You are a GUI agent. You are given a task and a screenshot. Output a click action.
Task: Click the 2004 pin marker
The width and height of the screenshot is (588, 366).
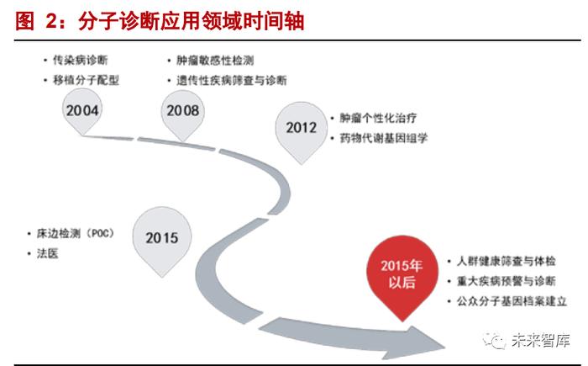pyautogui.click(x=82, y=112)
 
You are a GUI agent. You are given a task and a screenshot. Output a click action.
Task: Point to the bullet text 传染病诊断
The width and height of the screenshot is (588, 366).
pyautogui.click(x=81, y=60)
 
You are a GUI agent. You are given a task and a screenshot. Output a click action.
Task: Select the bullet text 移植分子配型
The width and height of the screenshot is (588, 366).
pyautogui.click(x=86, y=80)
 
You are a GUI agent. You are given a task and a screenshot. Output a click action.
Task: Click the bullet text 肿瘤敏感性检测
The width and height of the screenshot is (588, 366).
pyautogui.click(x=215, y=61)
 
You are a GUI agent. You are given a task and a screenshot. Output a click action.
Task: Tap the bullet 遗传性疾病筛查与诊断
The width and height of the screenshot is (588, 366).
pyautogui.click(x=231, y=81)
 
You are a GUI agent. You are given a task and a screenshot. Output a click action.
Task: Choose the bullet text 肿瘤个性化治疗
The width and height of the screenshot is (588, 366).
pyautogui.click(x=378, y=118)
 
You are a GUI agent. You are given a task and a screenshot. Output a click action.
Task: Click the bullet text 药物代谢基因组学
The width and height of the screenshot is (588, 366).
pyautogui.click(x=384, y=138)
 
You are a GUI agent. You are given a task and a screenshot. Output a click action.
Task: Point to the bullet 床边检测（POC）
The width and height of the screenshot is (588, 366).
pyautogui.click(x=75, y=233)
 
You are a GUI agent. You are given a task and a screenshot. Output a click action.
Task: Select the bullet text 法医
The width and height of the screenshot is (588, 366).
pyautogui.click(x=47, y=253)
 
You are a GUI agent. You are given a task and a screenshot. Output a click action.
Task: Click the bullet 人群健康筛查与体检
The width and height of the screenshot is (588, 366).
pyautogui.click(x=506, y=261)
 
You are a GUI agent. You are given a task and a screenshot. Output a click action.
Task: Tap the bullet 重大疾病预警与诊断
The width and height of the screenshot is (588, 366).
pyautogui.click(x=506, y=281)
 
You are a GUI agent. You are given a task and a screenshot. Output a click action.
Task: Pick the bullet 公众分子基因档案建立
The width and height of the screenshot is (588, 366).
pyautogui.click(x=512, y=301)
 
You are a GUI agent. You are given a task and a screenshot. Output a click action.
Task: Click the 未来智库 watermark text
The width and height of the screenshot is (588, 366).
pyautogui.click(x=541, y=341)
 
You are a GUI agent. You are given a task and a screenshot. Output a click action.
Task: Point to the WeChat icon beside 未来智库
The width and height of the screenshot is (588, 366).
pyautogui.click(x=495, y=341)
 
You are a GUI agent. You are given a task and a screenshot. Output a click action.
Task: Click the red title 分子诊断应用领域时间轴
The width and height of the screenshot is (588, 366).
pyautogui.click(x=192, y=21)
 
